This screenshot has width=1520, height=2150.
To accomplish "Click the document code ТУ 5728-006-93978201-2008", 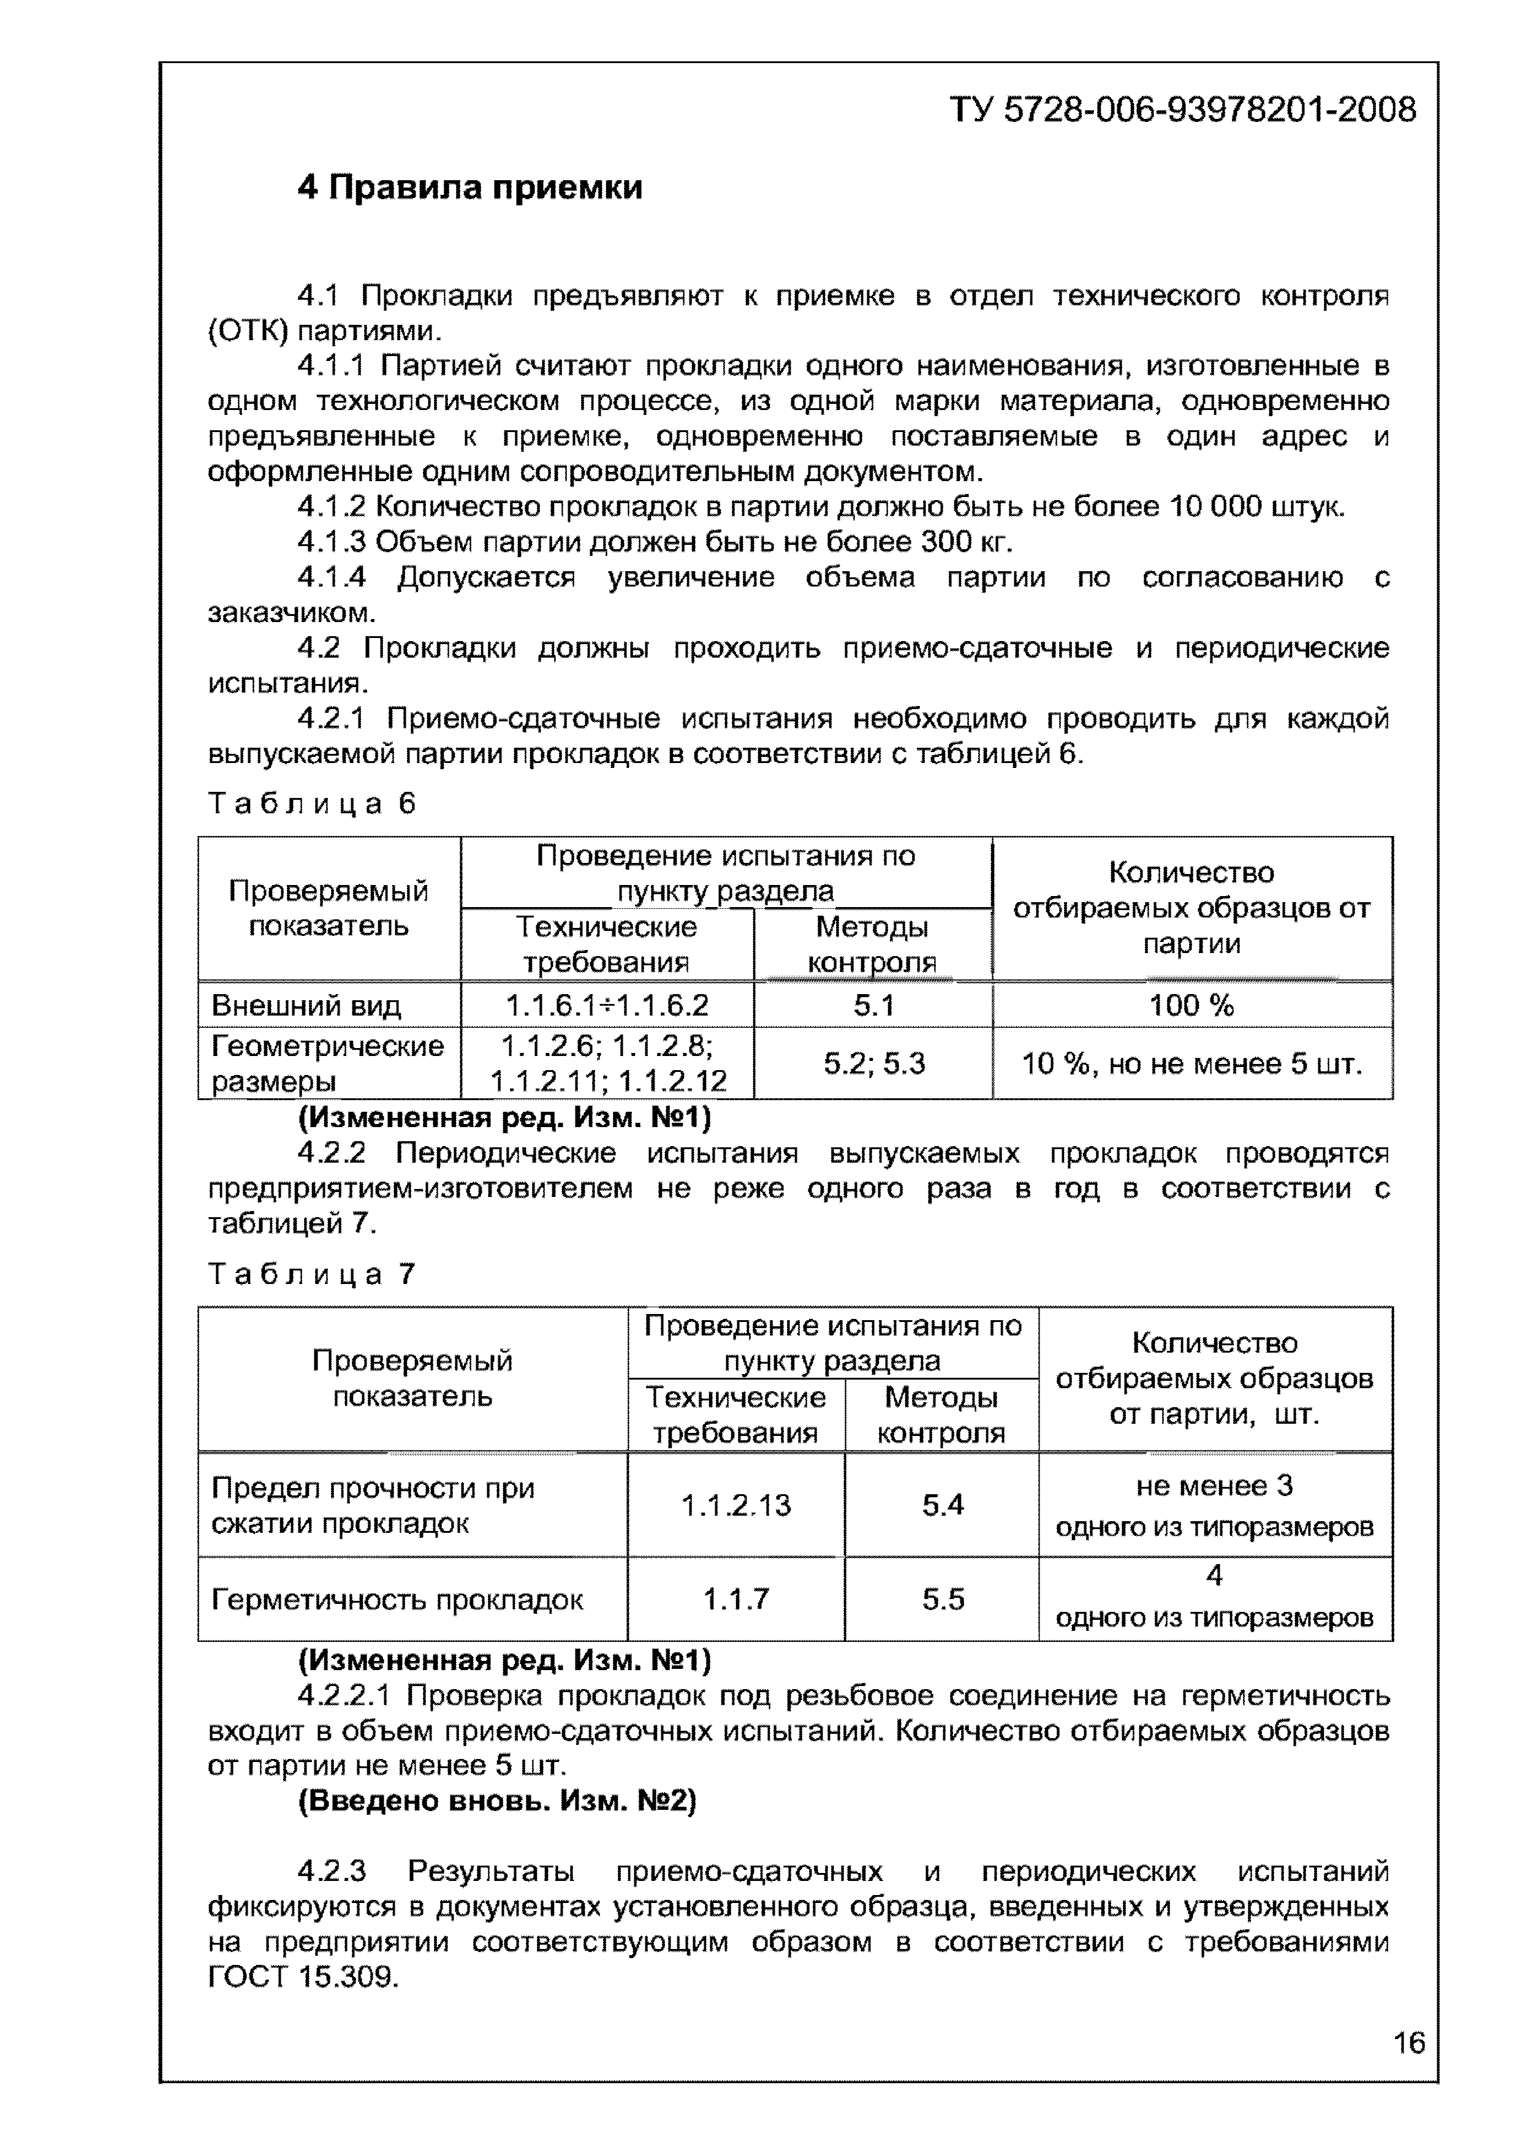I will point(1183,110).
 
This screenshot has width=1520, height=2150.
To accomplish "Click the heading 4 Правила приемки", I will point(470,188).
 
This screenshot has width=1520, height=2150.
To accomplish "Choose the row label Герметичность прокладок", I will point(397,1600).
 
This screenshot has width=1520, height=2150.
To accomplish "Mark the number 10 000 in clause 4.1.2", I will point(1215,507).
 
